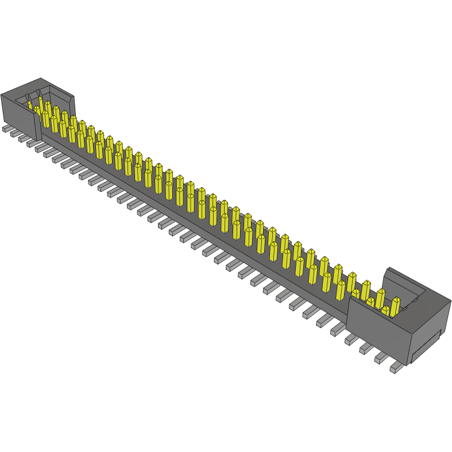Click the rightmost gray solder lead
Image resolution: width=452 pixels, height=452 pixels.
(396, 367)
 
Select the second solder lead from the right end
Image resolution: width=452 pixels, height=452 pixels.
(380, 358)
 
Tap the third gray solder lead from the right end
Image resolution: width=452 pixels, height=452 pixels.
(366, 348)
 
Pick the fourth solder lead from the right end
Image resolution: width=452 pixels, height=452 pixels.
(351, 339)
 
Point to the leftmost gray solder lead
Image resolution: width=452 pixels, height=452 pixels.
(6, 129)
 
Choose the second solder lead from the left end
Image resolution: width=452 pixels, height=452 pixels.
(14, 133)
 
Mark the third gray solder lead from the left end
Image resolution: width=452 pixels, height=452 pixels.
(22, 138)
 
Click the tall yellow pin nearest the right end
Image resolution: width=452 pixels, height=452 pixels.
(395, 306)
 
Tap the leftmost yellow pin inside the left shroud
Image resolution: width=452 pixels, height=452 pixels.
(30, 105)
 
